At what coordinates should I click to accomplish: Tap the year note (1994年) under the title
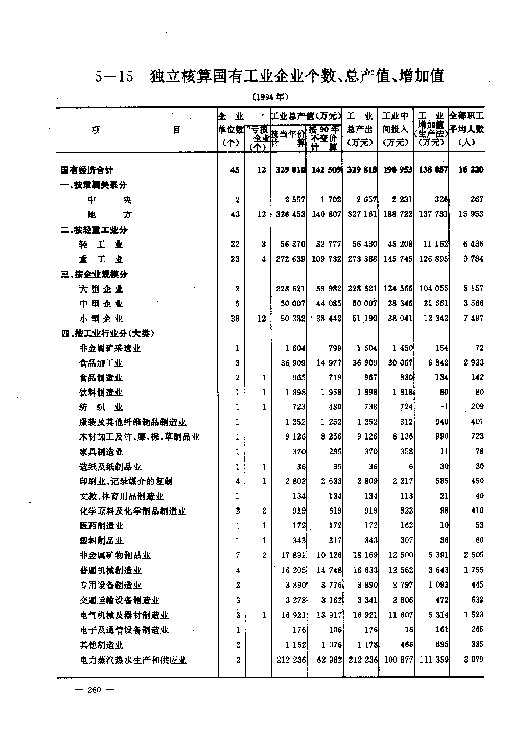pos(270,96)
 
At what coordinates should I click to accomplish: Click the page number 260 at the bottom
pos(95,690)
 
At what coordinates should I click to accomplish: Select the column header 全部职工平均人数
pos(467,129)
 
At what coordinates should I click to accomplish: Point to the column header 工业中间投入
pos(396,129)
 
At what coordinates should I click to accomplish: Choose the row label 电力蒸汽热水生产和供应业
pos(133,660)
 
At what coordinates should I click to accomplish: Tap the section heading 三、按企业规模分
pos(94,274)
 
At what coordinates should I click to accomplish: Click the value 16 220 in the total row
pos(471,170)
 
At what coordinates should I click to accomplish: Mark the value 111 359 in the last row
pos(433,660)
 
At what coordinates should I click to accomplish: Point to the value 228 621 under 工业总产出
pos(362,289)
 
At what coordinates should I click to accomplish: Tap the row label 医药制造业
pos(101,526)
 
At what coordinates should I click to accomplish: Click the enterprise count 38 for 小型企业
pos(235,319)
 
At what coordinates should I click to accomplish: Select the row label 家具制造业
pos(101,452)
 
